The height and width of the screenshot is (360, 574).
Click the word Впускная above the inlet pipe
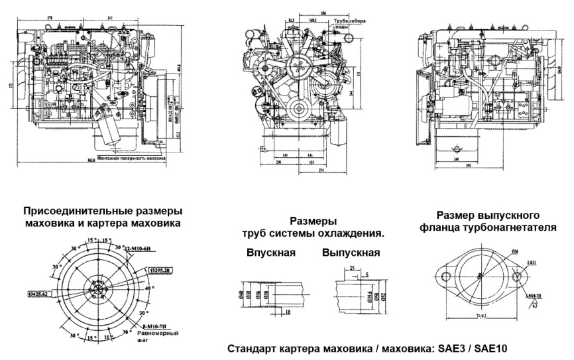click(x=270, y=253)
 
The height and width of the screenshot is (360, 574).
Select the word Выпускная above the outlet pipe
click(x=351, y=253)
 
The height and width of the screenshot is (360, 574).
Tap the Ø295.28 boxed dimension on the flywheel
click(x=160, y=270)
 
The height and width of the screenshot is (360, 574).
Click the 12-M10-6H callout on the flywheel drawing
click(x=140, y=248)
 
